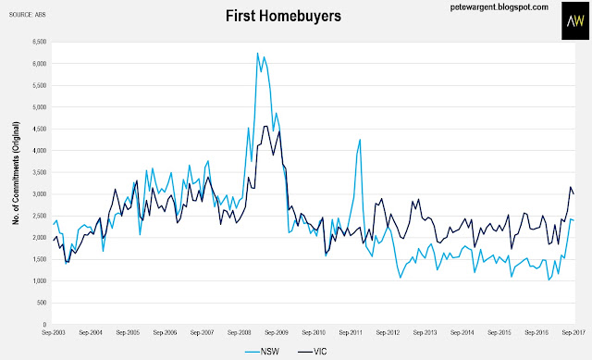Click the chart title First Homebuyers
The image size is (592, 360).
(x=283, y=17)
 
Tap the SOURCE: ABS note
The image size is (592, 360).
(x=27, y=15)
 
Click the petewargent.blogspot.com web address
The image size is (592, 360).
(x=499, y=7)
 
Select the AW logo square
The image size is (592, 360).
(x=575, y=20)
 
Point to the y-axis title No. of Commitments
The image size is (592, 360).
(x=16, y=173)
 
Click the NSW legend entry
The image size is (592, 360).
(x=262, y=352)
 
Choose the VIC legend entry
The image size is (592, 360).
(x=312, y=352)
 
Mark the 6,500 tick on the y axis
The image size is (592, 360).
(x=40, y=42)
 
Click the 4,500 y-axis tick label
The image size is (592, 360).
(x=40, y=129)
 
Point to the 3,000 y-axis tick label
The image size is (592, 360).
(x=40, y=194)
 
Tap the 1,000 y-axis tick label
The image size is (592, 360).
(x=40, y=281)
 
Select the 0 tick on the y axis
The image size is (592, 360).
(x=44, y=325)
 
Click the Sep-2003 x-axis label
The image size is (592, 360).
(x=54, y=333)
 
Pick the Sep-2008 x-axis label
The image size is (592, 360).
(x=240, y=333)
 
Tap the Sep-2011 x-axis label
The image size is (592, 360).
(x=351, y=333)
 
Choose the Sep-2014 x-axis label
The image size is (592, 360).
(x=462, y=333)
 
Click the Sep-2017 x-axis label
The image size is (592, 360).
(x=573, y=333)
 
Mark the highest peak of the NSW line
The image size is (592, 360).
(x=257, y=53)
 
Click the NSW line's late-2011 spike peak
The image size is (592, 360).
(x=360, y=140)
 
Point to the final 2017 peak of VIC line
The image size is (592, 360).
(x=571, y=187)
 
